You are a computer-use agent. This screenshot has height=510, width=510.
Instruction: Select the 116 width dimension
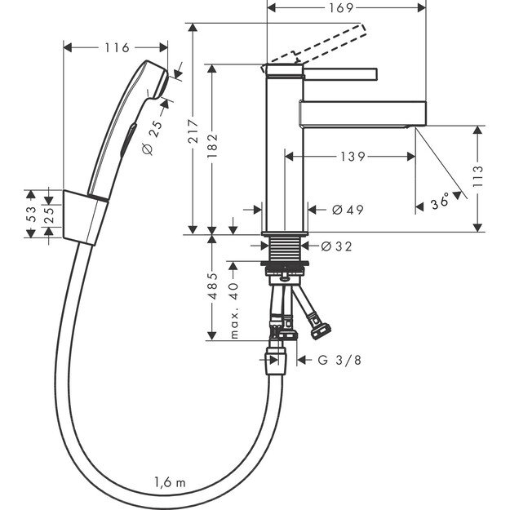116,48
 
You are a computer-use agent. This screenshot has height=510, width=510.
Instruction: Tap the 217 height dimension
193,140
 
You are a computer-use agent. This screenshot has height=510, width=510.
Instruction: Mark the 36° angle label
441,201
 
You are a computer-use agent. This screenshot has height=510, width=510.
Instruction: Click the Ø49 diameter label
348,210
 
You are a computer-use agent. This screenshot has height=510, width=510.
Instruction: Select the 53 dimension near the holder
30,215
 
